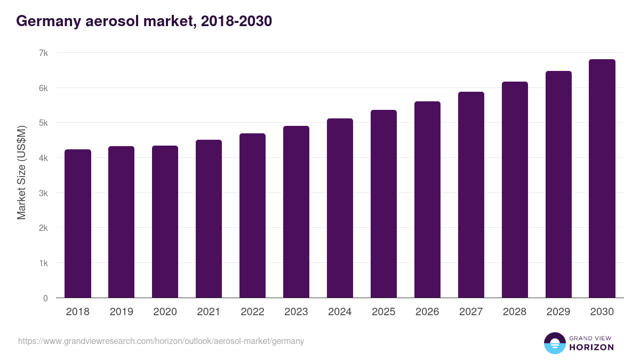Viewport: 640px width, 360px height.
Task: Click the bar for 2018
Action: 78,224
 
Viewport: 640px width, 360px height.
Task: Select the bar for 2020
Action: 165,222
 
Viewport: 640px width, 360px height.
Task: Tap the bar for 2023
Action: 296,212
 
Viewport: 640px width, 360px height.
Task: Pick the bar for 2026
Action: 427,200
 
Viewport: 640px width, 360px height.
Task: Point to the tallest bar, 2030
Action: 602,179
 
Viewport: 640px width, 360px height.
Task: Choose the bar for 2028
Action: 515,190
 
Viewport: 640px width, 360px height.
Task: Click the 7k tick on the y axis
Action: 43,53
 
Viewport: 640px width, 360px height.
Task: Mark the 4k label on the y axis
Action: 43,158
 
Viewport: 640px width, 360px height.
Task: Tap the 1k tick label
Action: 43,263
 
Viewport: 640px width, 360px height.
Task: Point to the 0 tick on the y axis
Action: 45,298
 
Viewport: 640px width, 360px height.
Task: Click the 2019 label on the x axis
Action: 121,312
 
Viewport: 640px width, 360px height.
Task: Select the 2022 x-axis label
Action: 252,312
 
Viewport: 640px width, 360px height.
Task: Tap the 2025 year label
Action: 383,312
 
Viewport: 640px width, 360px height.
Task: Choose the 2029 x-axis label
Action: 558,312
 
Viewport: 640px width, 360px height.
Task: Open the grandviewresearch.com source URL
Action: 161,341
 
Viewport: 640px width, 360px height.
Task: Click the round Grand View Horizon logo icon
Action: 555,343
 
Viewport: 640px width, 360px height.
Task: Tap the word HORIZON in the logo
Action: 592,347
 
